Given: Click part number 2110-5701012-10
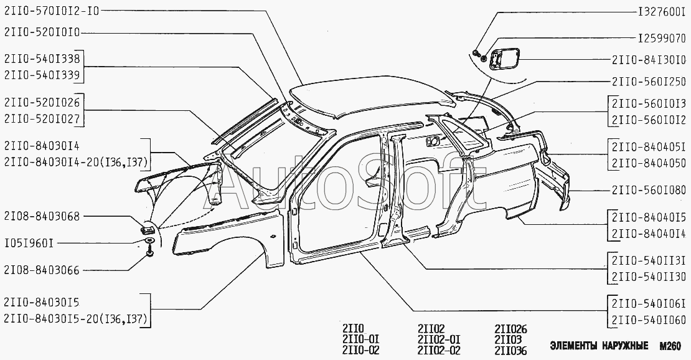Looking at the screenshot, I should tap(50, 11).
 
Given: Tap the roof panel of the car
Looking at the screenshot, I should tap(367, 100).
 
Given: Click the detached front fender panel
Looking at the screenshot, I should tap(227, 237).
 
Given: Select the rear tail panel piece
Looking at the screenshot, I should tap(554, 181).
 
